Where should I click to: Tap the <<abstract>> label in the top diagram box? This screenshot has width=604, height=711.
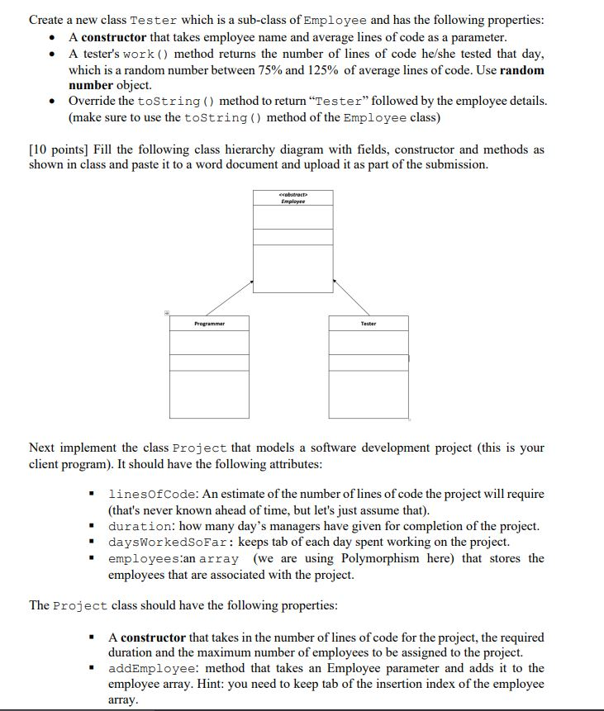click(292, 195)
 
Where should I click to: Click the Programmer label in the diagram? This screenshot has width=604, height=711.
click(209, 324)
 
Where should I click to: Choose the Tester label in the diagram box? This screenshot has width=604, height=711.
click(369, 324)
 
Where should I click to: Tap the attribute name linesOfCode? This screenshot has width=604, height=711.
click(150, 494)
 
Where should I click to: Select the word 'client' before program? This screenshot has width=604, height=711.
click(45, 463)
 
